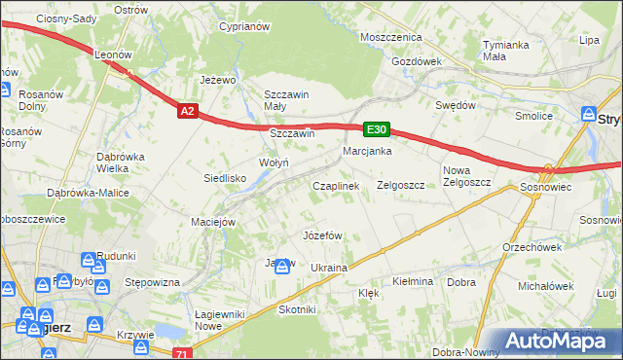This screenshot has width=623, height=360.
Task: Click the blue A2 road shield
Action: click(x=189, y=112)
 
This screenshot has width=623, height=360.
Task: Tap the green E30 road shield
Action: click(x=378, y=128)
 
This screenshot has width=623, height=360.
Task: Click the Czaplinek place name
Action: click(x=336, y=185)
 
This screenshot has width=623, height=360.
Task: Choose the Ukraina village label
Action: click(x=329, y=268)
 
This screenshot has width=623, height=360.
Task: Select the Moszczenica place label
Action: click(x=390, y=36)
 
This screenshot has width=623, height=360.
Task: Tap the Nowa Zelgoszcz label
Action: click(x=463, y=176)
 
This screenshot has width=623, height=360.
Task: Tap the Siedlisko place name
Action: click(x=224, y=178)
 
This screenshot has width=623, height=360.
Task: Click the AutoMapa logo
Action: click(x=564, y=338)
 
